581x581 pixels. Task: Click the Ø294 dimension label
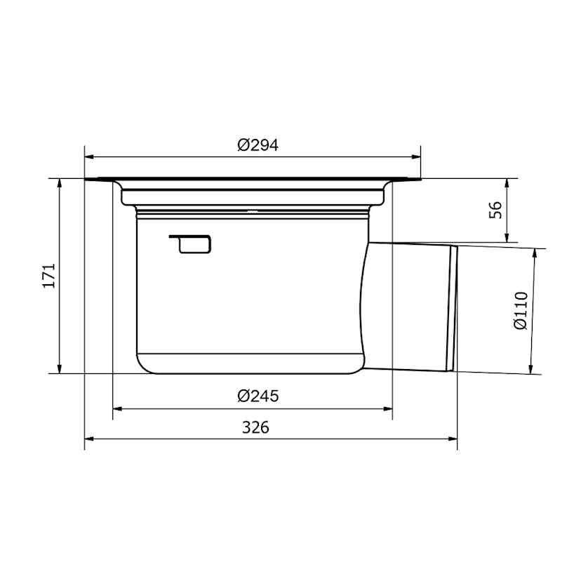[258, 145]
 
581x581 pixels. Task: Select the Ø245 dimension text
[258, 396]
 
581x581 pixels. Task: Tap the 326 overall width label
[255, 427]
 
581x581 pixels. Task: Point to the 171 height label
[49, 276]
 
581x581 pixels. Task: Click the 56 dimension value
[495, 210]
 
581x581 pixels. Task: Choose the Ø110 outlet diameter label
[521, 311]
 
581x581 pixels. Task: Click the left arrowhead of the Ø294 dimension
[89, 157]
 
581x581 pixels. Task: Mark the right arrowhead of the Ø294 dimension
[416, 157]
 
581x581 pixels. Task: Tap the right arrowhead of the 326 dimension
[453, 439]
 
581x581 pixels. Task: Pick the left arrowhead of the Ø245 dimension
[117, 409]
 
